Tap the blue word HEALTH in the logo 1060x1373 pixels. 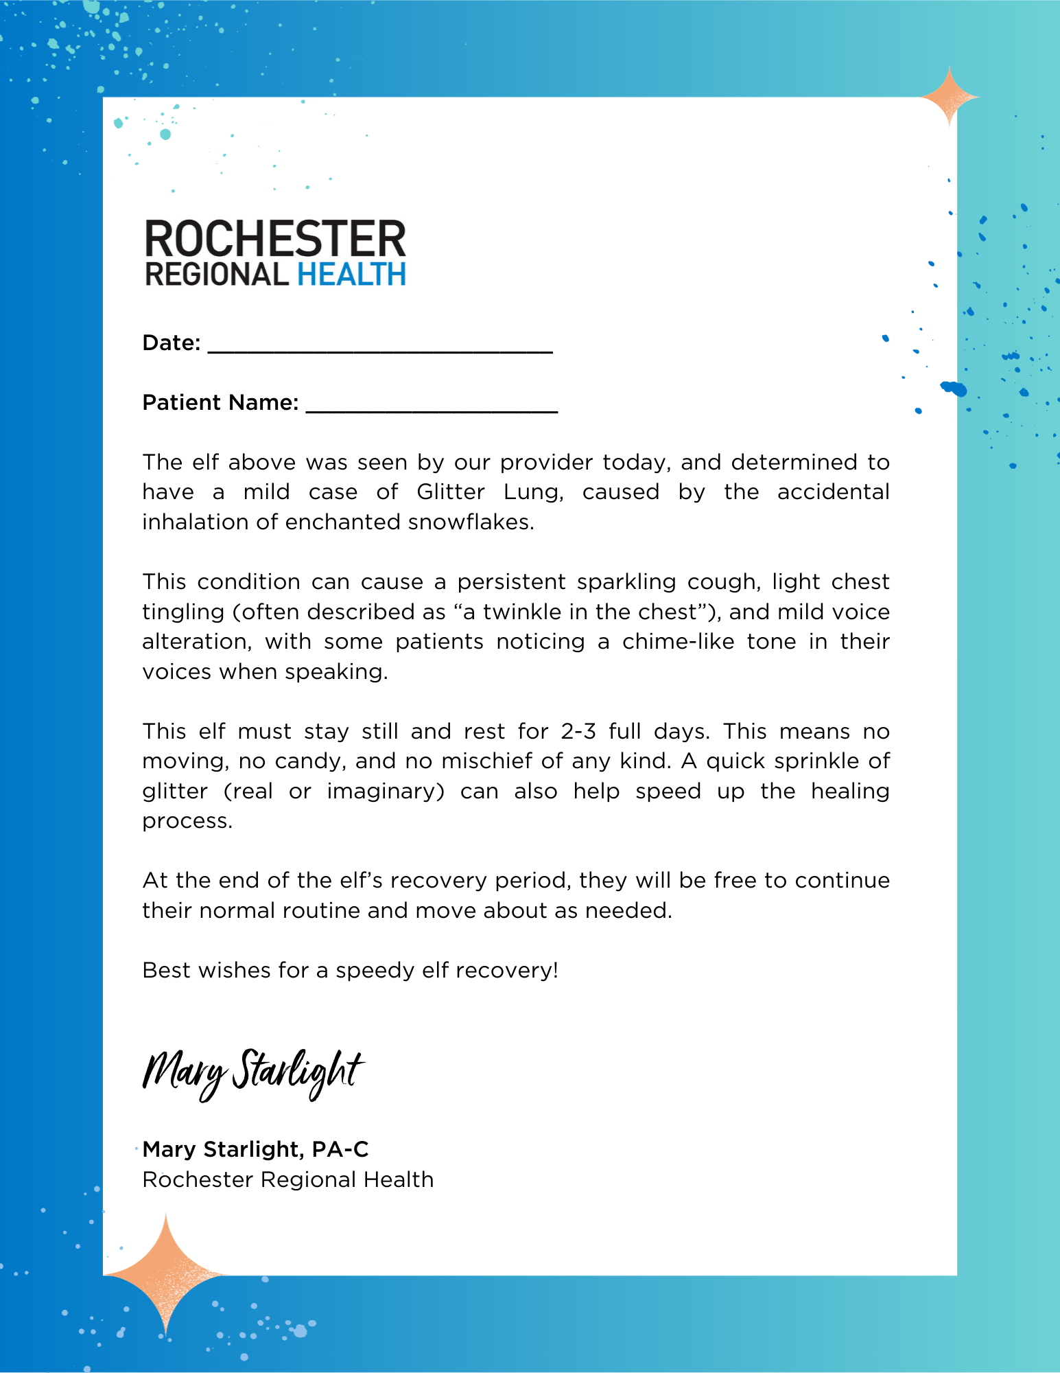point(351,275)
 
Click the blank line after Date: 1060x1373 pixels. point(380,347)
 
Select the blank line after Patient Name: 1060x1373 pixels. point(432,406)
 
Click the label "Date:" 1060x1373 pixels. point(171,343)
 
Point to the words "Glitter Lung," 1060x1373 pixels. point(490,492)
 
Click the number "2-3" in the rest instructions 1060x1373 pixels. point(579,732)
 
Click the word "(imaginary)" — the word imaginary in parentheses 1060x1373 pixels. point(386,792)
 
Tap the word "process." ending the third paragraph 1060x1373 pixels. point(187,821)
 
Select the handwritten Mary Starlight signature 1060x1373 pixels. point(252,1073)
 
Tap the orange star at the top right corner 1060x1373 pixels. point(949,97)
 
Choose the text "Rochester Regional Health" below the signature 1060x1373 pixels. point(288,1179)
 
